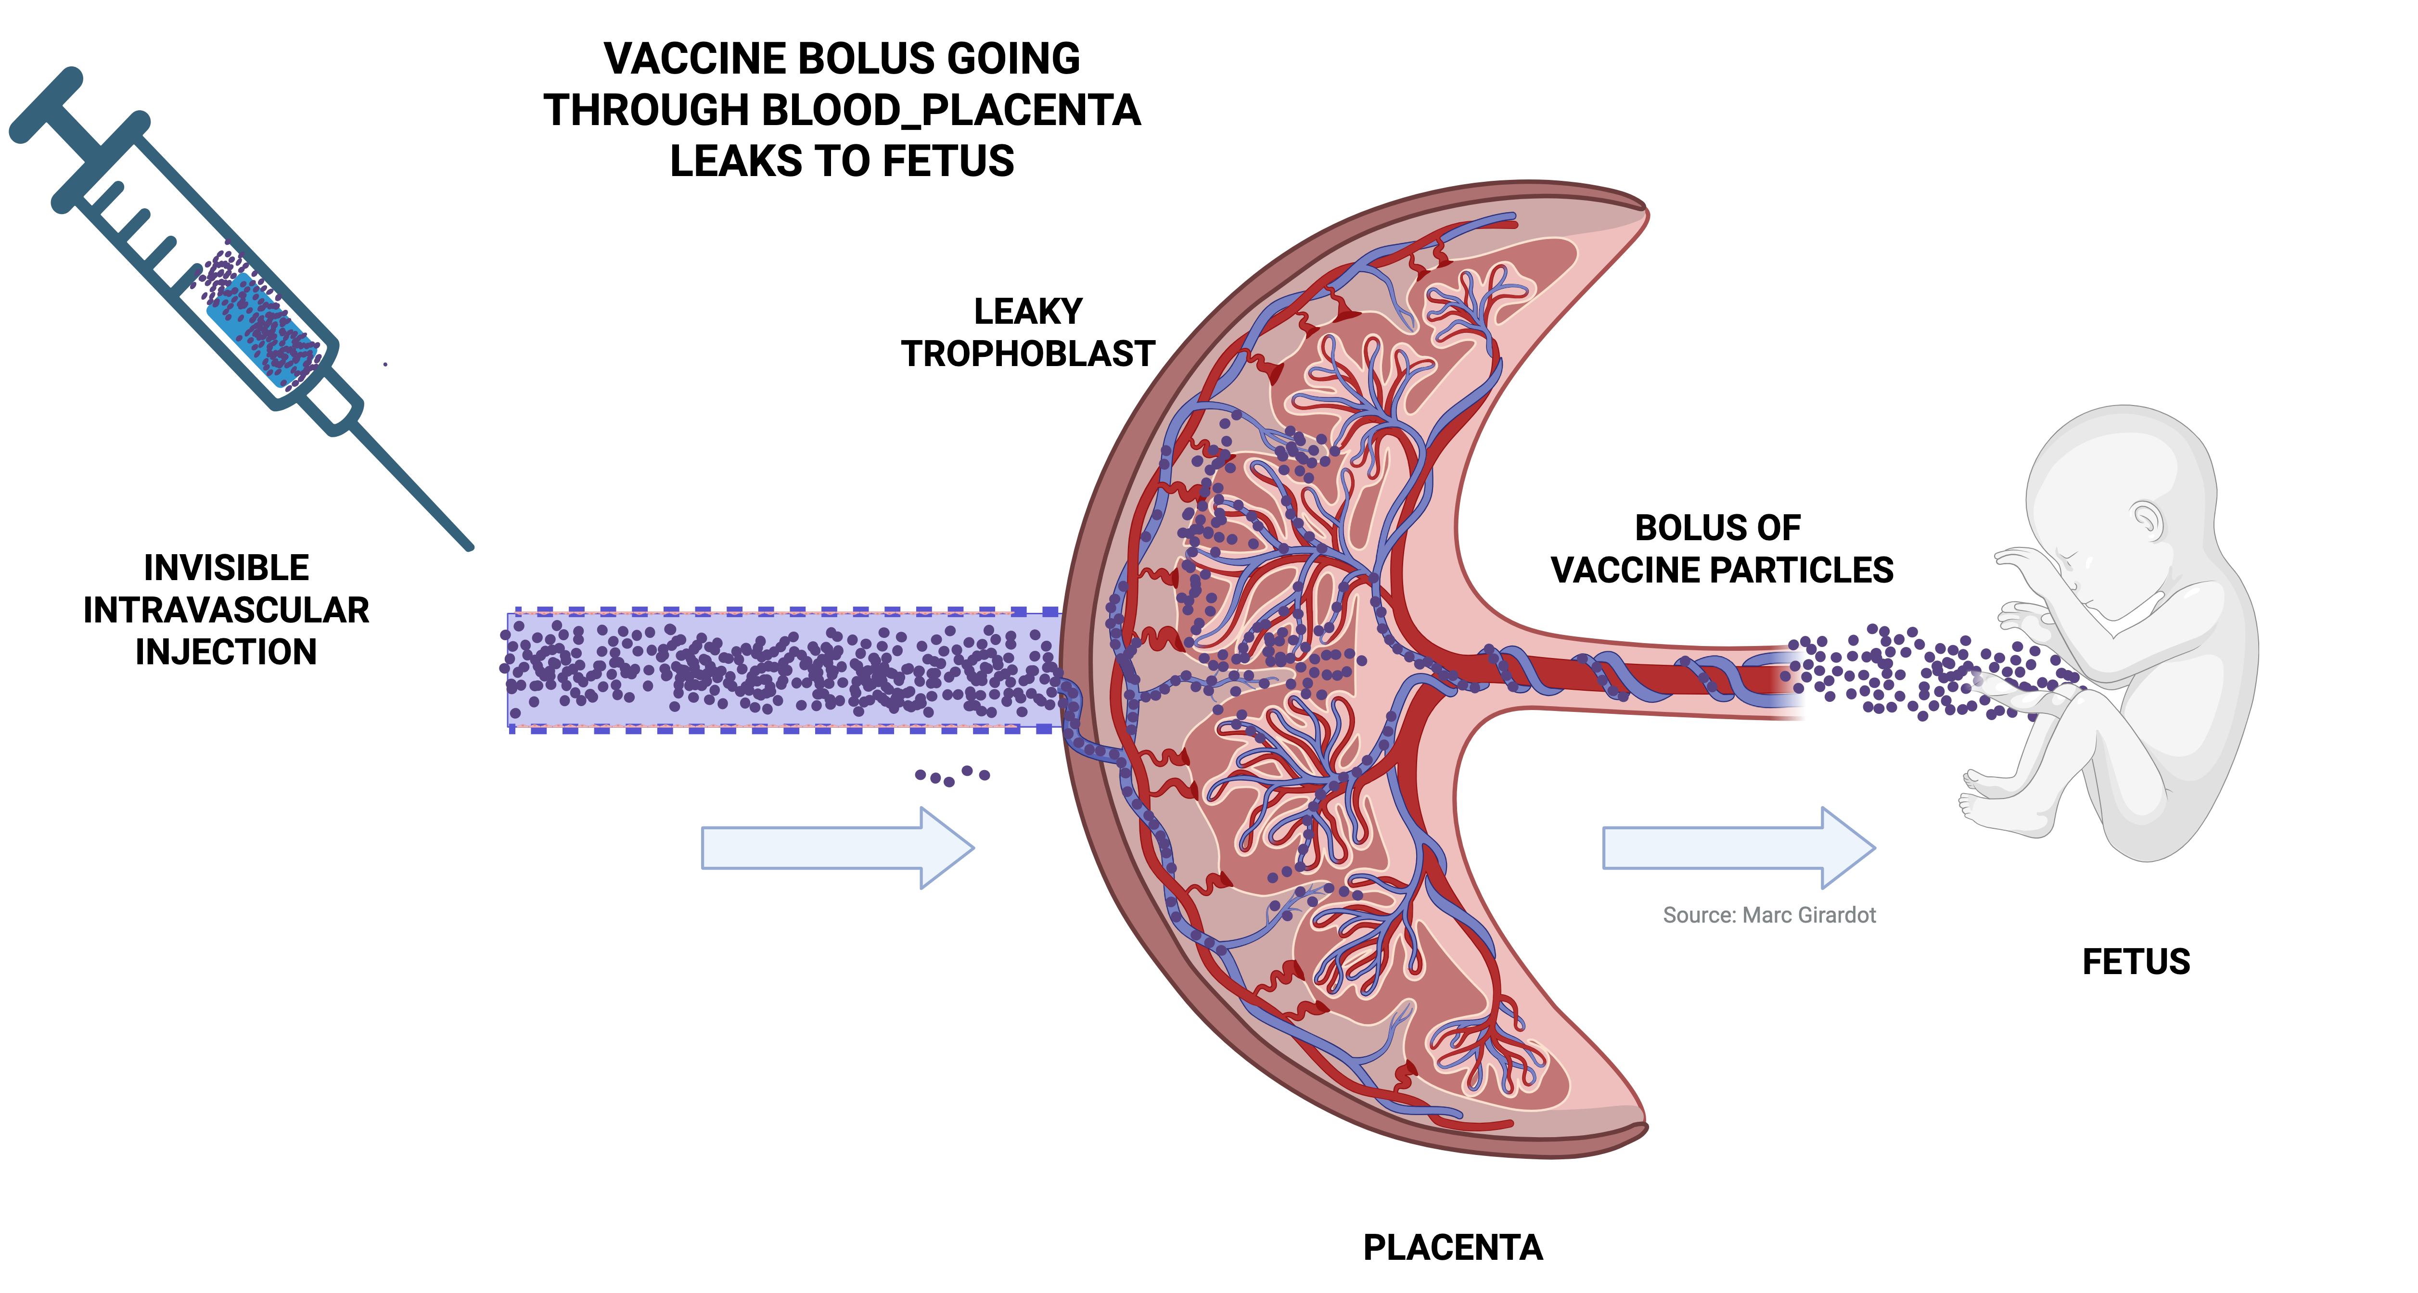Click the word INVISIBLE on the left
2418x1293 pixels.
pos(226,568)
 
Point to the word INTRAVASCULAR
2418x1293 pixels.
pos(226,610)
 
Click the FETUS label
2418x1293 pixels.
pos(2136,962)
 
